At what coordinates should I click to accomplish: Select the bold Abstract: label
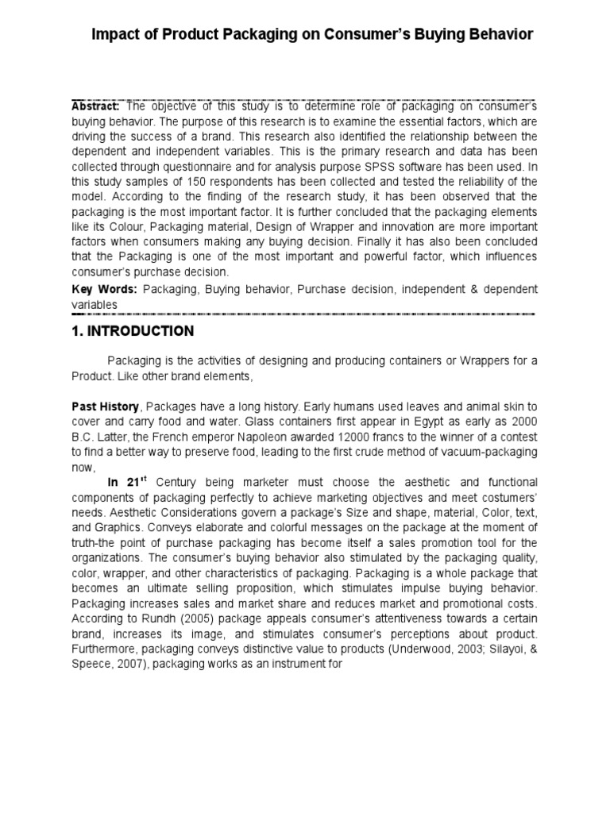[x=95, y=106]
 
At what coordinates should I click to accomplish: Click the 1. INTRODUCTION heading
[x=133, y=330]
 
